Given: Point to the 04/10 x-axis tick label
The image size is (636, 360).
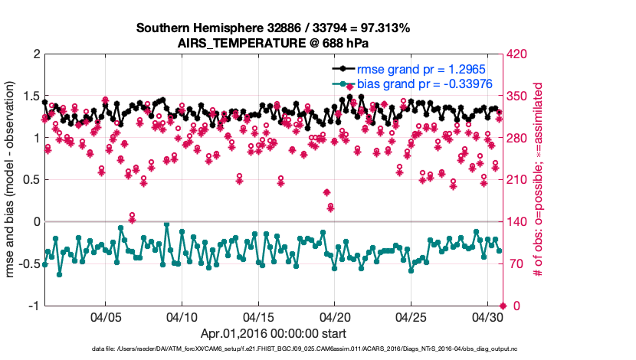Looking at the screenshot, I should click(x=182, y=316).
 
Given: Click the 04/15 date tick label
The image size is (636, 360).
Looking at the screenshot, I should click(x=259, y=316).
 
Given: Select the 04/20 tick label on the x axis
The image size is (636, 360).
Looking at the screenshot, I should click(x=335, y=316).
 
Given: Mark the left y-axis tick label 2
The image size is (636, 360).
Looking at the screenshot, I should click(x=35, y=54).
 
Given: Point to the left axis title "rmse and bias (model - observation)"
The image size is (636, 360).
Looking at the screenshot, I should click(x=12, y=180).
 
